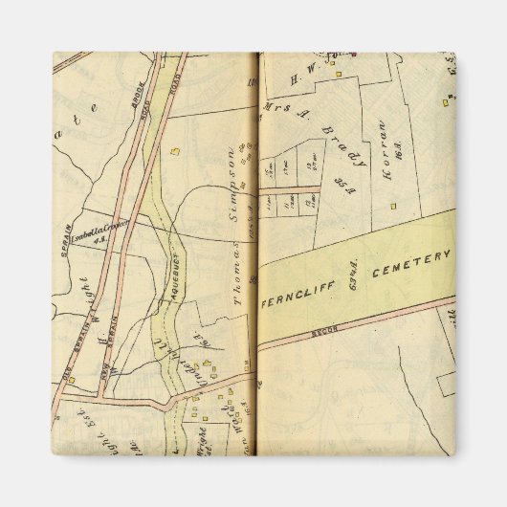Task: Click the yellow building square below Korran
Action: (x=392, y=207)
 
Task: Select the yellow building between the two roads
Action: (x=174, y=150)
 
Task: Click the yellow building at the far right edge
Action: (x=445, y=101)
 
